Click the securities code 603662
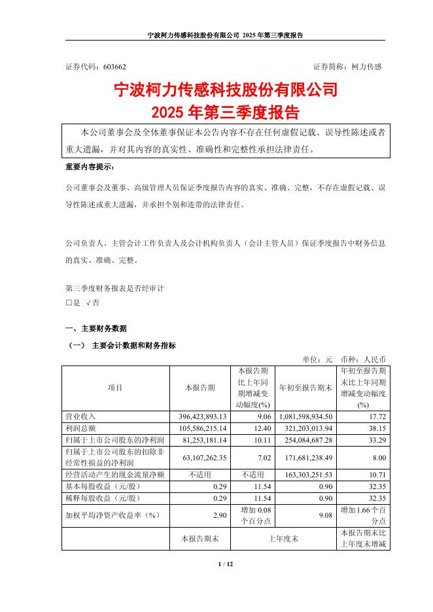[115, 67]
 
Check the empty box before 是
[69, 303]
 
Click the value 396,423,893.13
[198, 416]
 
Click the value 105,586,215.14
[198, 427]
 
